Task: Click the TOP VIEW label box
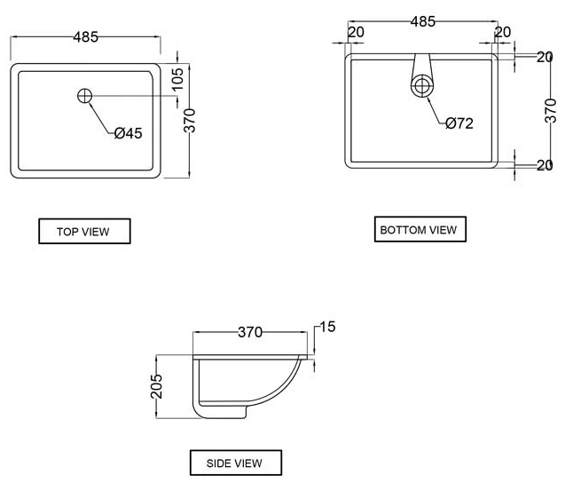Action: pyautogui.click(x=84, y=231)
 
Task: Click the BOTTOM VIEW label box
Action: pyautogui.click(x=420, y=229)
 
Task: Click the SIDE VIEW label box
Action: pyautogui.click(x=236, y=463)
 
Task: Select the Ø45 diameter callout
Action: pyautogui.click(x=129, y=133)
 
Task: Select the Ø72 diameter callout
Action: pyautogui.click(x=459, y=123)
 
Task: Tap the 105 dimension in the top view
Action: pyautogui.click(x=177, y=79)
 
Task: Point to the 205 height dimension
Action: pyautogui.click(x=156, y=386)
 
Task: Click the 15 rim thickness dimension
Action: pyautogui.click(x=327, y=327)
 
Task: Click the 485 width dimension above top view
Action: pyautogui.click(x=86, y=36)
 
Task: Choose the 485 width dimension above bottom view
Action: pyautogui.click(x=423, y=21)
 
